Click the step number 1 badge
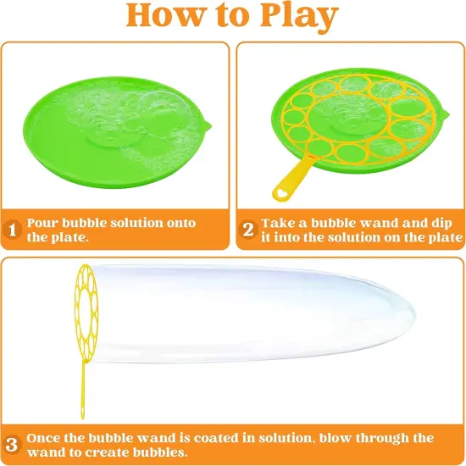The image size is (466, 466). tap(12, 230)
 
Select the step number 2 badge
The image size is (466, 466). tap(247, 230)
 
